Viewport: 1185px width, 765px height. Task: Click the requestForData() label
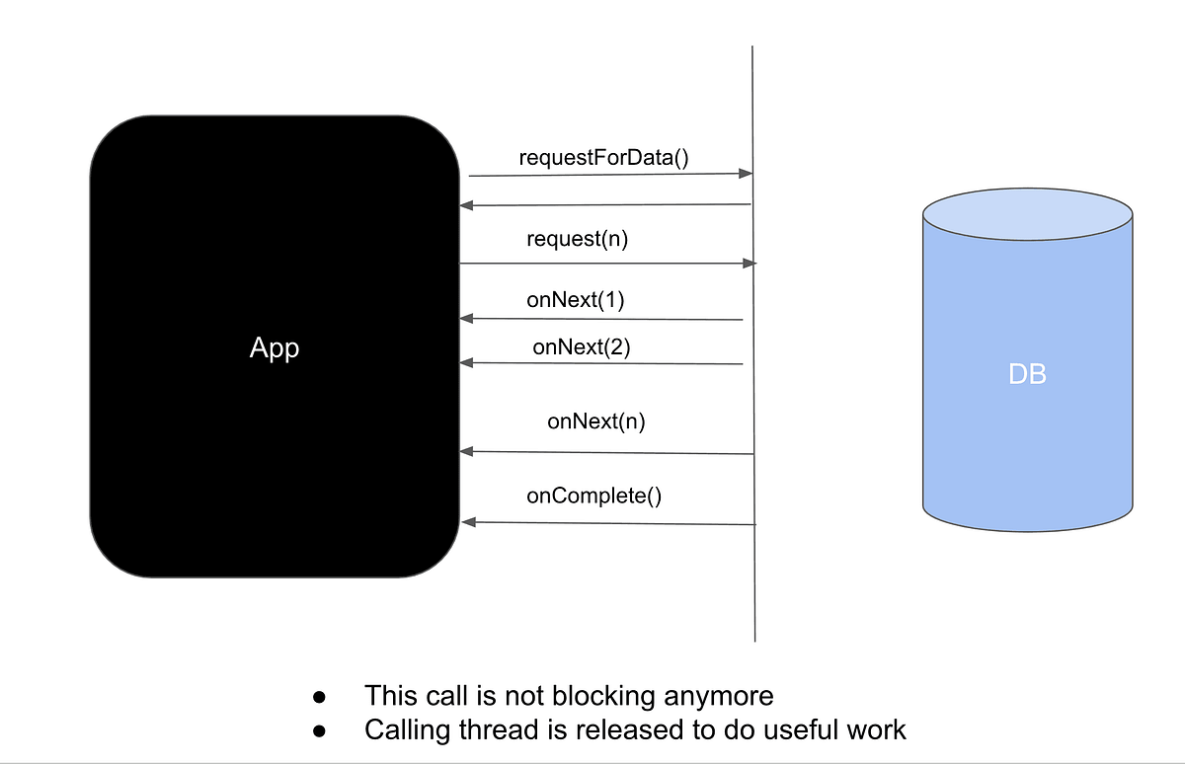click(x=603, y=157)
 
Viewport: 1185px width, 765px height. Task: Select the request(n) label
click(x=578, y=239)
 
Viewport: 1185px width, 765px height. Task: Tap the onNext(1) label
click(x=576, y=300)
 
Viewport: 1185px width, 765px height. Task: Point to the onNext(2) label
click(x=582, y=346)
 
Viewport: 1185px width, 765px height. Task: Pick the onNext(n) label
click(x=596, y=421)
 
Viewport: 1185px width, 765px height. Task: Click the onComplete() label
click(x=593, y=496)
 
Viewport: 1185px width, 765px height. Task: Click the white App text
click(x=275, y=348)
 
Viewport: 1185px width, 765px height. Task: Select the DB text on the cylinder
click(x=1027, y=374)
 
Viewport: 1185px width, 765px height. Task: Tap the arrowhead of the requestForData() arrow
click(x=747, y=174)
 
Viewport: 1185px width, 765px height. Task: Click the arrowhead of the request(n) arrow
click(x=750, y=264)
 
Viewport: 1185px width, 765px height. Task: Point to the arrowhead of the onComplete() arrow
click(x=467, y=521)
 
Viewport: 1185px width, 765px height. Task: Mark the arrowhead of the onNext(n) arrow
click(x=467, y=451)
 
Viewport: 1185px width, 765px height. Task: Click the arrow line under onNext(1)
click(x=602, y=319)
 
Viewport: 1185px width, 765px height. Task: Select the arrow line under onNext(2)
click(x=602, y=363)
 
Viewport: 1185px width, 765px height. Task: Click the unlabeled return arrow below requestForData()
click(x=607, y=205)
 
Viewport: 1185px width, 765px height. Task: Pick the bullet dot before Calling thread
click(x=319, y=731)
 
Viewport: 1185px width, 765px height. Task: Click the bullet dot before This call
click(x=319, y=697)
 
